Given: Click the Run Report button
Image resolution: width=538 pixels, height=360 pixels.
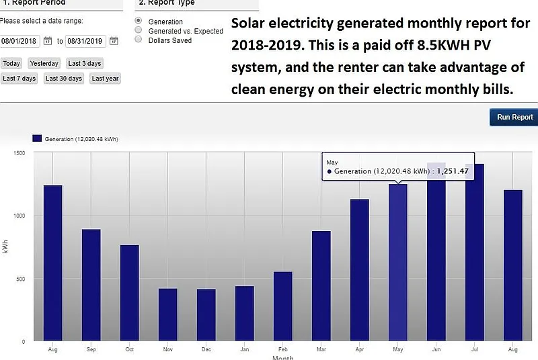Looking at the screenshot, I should coord(514,118).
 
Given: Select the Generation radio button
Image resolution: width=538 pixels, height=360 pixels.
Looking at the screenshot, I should coord(139,21).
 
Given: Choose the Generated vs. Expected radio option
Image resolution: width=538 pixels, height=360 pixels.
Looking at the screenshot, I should coord(139,31).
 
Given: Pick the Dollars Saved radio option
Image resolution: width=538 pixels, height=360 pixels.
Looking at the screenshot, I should coord(139,40).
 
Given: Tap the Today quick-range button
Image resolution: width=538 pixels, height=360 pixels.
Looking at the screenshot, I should coord(11,63).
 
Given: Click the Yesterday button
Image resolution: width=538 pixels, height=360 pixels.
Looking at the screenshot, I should coord(44,63).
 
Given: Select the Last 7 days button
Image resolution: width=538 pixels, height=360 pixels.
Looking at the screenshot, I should coord(19,79).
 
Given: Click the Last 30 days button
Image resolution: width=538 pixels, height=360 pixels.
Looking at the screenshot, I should coord(64,79).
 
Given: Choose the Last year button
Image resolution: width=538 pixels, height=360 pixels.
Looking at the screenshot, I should coord(106,79).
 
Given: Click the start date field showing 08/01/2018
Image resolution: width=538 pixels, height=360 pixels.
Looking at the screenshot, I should coord(20,41).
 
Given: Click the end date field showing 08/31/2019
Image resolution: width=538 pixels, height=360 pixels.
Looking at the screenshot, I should coord(86,41).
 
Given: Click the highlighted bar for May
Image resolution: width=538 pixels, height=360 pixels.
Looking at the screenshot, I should coord(398,263).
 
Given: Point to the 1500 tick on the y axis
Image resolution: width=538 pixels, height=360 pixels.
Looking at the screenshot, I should coord(19,153).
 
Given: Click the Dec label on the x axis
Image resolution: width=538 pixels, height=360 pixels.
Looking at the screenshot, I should coord(206,350).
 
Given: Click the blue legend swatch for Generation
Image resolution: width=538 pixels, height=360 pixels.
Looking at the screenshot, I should coord(37,138).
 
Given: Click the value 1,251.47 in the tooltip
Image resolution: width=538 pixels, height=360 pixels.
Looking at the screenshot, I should coord(453,171).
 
